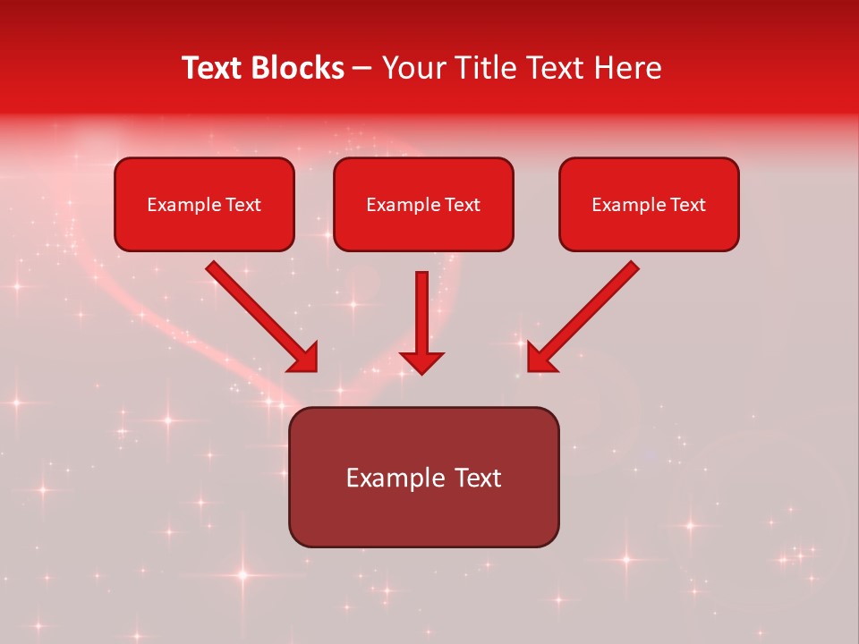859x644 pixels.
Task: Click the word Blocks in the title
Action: point(298,68)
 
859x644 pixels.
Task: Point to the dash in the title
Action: point(362,70)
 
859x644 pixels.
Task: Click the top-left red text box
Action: point(204,204)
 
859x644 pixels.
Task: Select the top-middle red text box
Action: point(423,204)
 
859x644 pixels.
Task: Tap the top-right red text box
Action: point(649,204)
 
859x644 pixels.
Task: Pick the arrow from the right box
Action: point(586,314)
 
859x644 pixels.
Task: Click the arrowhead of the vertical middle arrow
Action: point(421,361)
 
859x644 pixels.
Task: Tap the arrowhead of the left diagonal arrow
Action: point(304,358)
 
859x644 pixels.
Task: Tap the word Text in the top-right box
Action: point(687,205)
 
